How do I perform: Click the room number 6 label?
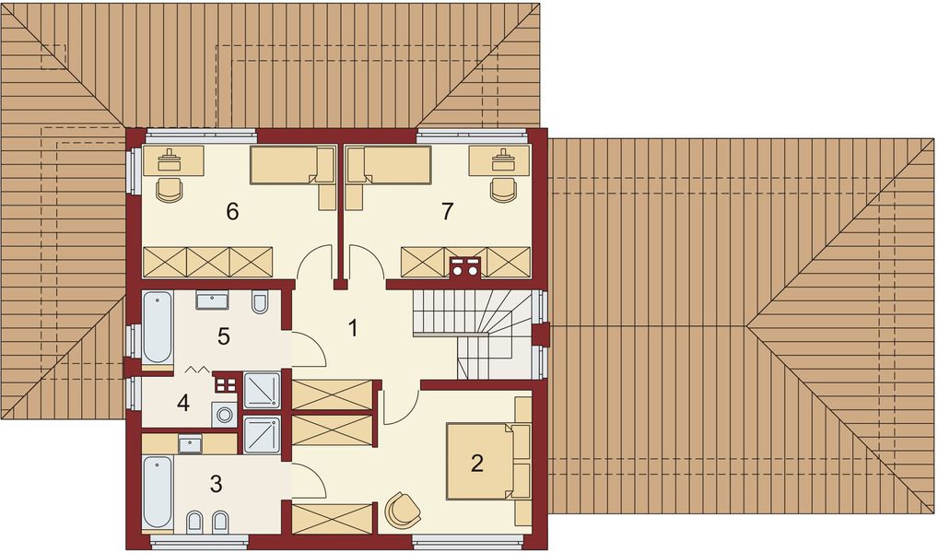(232, 211)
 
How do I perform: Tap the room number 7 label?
(447, 211)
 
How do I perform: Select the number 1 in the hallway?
(353, 328)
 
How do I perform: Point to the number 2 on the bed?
(476, 463)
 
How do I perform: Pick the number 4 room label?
(183, 404)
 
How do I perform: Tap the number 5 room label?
(223, 336)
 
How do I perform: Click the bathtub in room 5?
(158, 327)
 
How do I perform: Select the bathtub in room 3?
(158, 492)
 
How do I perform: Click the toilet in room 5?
(260, 302)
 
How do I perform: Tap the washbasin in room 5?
(212, 300)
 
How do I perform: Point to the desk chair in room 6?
(170, 189)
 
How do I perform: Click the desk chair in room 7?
(503, 189)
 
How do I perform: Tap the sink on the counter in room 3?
(190, 443)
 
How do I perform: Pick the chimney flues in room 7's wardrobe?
(465, 266)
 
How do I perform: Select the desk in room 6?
(173, 160)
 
